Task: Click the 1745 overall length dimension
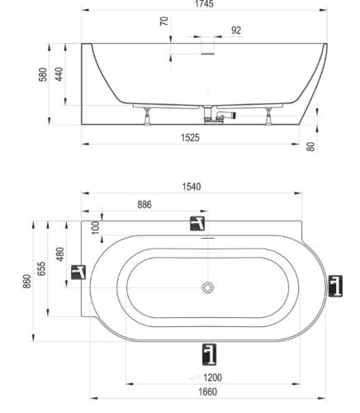click(x=204, y=4)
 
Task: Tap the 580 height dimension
click(x=43, y=74)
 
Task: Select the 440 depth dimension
click(x=59, y=74)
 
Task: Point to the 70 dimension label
click(x=164, y=21)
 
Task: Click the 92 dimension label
click(x=236, y=31)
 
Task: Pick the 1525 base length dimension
click(x=190, y=137)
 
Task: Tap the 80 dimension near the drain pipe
click(x=310, y=146)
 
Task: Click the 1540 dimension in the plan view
click(x=192, y=187)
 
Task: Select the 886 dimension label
click(x=144, y=205)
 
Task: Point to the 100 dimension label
click(x=95, y=227)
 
